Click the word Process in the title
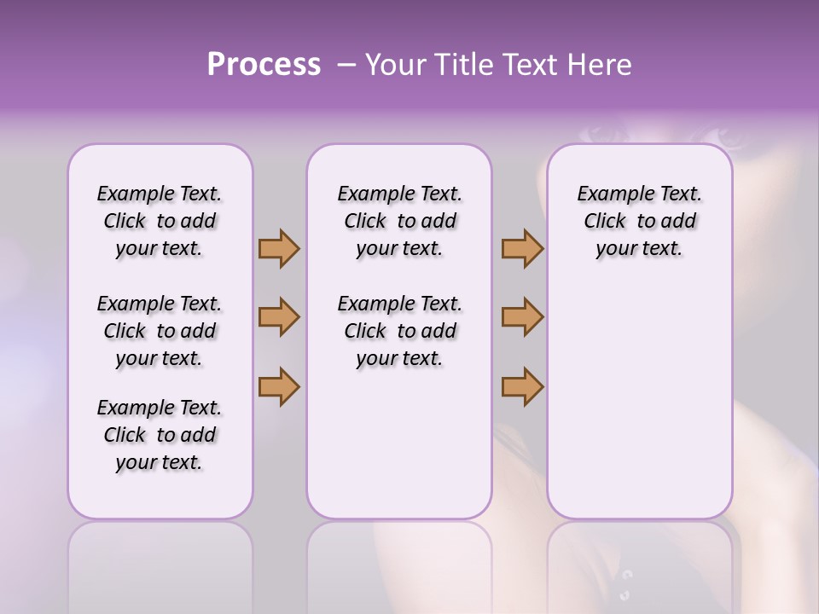(x=264, y=65)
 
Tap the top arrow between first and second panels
(x=279, y=248)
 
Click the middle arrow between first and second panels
(x=279, y=317)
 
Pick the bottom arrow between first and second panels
(x=279, y=386)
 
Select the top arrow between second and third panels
(x=522, y=248)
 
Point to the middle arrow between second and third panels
(x=522, y=317)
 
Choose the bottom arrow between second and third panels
(x=522, y=386)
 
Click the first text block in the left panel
(x=160, y=221)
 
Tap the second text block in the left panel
(x=160, y=331)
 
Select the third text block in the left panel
(x=160, y=435)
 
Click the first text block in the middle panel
(x=399, y=221)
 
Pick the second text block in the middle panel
(x=399, y=331)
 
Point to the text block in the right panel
(x=639, y=221)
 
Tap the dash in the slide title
(x=346, y=65)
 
